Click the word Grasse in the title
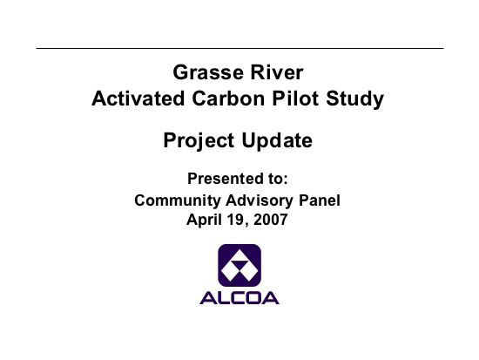point(208,72)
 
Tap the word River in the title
point(277,72)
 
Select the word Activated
point(138,98)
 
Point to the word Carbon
point(228,98)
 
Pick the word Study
point(354,99)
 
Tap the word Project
point(199,141)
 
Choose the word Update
point(277,141)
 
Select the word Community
point(178,200)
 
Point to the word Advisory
point(260,200)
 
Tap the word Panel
point(320,200)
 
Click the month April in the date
point(202,220)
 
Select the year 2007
point(270,220)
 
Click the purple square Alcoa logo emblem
point(239,265)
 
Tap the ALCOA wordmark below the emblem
point(239,298)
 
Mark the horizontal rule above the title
point(239,48)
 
